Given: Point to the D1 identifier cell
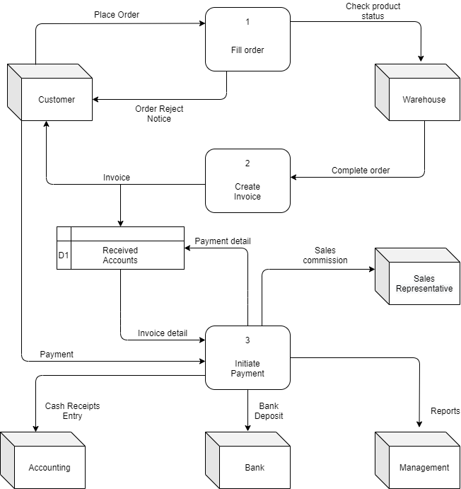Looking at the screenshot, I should click(x=64, y=255).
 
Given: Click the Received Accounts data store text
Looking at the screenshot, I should click(x=120, y=255).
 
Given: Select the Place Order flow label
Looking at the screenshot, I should click(x=117, y=14).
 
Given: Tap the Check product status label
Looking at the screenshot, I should click(x=373, y=11).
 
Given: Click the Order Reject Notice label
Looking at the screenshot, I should click(x=159, y=113).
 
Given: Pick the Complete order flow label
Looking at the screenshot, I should click(x=361, y=171).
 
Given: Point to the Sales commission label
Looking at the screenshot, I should click(x=325, y=255).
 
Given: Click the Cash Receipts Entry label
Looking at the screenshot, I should click(x=72, y=411).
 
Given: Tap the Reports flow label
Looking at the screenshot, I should click(x=445, y=411).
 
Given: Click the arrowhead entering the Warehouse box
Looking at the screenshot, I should click(x=421, y=59).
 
